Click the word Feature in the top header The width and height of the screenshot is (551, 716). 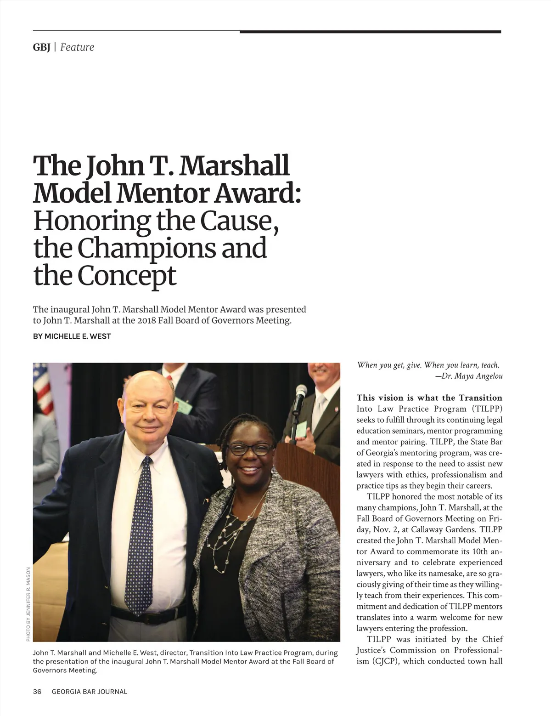click(x=77, y=47)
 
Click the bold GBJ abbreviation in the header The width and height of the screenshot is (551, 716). click(x=41, y=47)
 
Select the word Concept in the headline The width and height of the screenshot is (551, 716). click(x=126, y=276)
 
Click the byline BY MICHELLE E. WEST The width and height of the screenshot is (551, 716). click(x=72, y=336)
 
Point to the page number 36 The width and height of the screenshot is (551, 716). click(x=37, y=691)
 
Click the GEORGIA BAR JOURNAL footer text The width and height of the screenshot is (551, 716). click(x=90, y=691)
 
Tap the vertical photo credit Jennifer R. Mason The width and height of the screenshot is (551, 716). click(x=28, y=604)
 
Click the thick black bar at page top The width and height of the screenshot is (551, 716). click(x=370, y=32)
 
